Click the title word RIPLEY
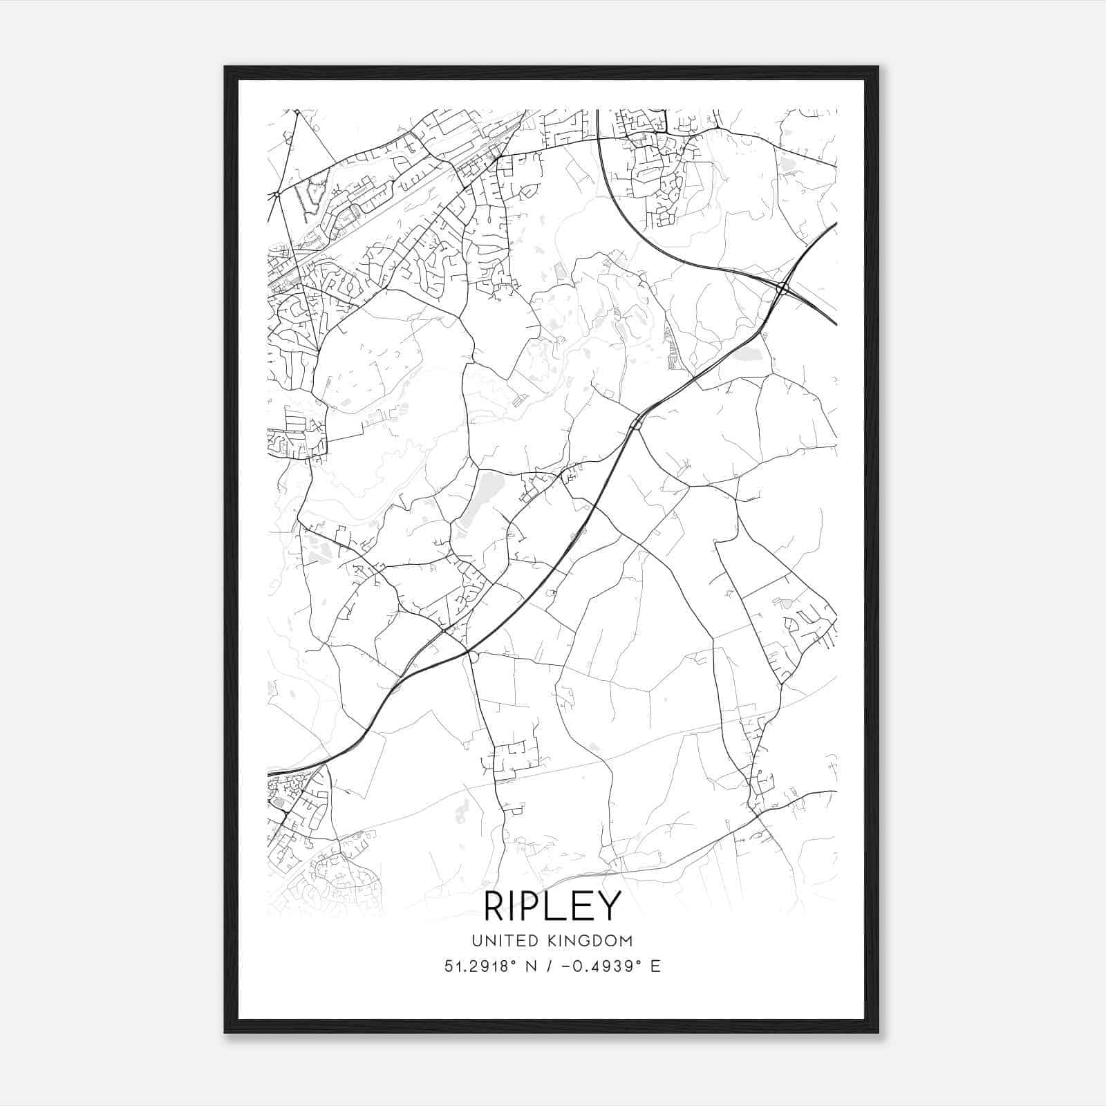tap(552, 906)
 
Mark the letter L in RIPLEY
tap(559, 906)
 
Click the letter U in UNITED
tap(477, 941)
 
